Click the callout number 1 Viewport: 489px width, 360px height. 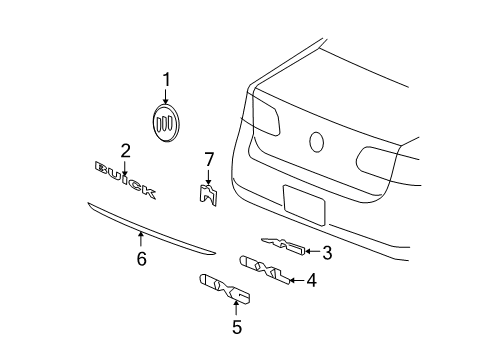167,79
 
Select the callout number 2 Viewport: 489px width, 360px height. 125,152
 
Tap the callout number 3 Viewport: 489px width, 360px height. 326,253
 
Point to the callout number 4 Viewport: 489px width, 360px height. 312,281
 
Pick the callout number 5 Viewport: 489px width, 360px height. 237,326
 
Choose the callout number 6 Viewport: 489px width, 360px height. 141,259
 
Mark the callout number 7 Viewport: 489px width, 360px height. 208,159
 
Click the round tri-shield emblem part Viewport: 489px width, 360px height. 167,123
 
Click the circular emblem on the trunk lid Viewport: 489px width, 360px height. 319,142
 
